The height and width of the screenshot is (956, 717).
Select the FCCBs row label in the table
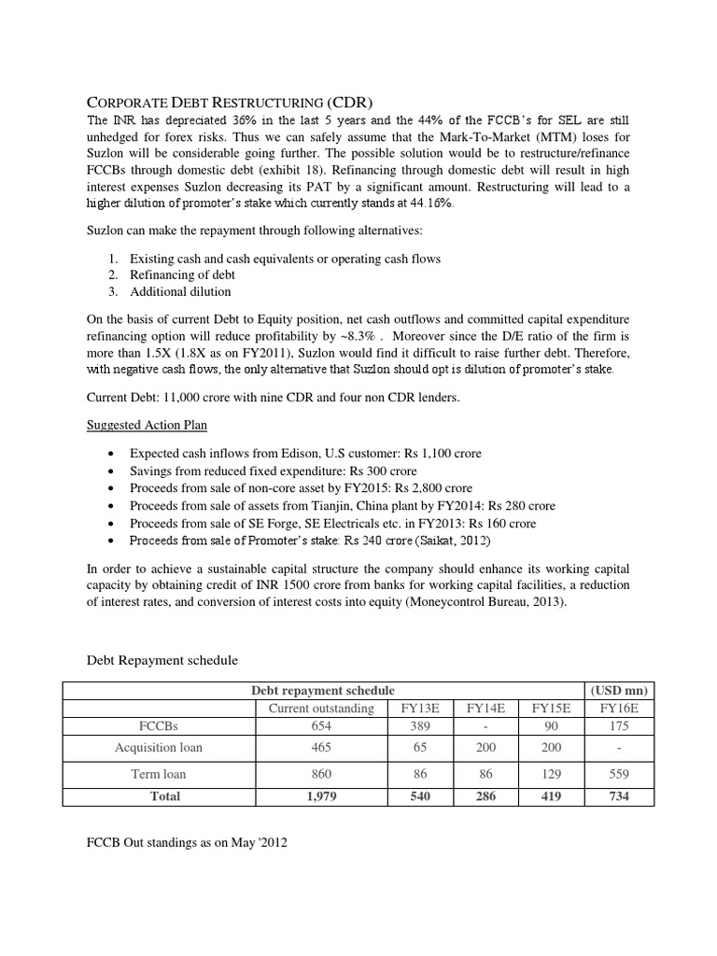(x=159, y=726)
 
